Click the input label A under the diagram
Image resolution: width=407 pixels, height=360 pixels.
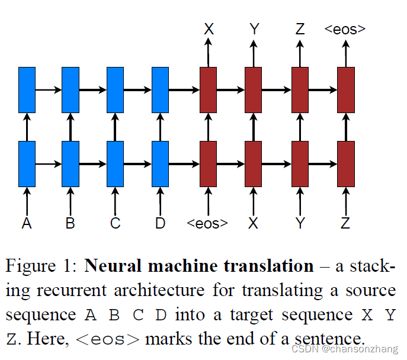tap(27, 223)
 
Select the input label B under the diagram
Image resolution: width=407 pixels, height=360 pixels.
tap(70, 223)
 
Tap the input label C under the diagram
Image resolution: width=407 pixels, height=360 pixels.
tap(116, 223)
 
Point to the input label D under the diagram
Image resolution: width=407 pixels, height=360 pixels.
tap(160, 223)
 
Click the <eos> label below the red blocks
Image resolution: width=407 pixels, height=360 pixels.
tap(208, 224)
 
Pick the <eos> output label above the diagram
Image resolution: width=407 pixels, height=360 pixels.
tap(345, 28)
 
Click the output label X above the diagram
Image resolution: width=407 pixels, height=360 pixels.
tap(209, 28)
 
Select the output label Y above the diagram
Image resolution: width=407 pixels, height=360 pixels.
tap(254, 28)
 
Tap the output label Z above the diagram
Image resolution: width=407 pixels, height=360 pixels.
tap(300, 28)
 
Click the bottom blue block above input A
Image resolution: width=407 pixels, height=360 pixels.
tap(27, 163)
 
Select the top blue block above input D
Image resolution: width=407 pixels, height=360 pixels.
tap(160, 89)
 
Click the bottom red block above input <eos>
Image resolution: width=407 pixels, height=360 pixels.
tap(209, 163)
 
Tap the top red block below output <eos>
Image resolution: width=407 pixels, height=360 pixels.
tap(345, 89)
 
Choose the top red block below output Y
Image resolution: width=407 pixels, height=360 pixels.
tap(254, 89)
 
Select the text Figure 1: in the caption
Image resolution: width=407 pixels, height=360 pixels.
tap(41, 266)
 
